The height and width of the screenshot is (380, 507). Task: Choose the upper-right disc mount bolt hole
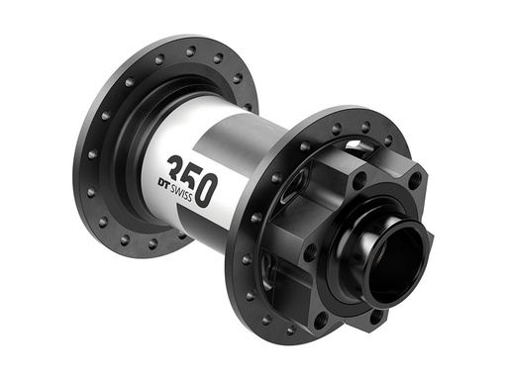(x=414, y=179)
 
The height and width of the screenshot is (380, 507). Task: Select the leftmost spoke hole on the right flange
(x=243, y=260)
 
